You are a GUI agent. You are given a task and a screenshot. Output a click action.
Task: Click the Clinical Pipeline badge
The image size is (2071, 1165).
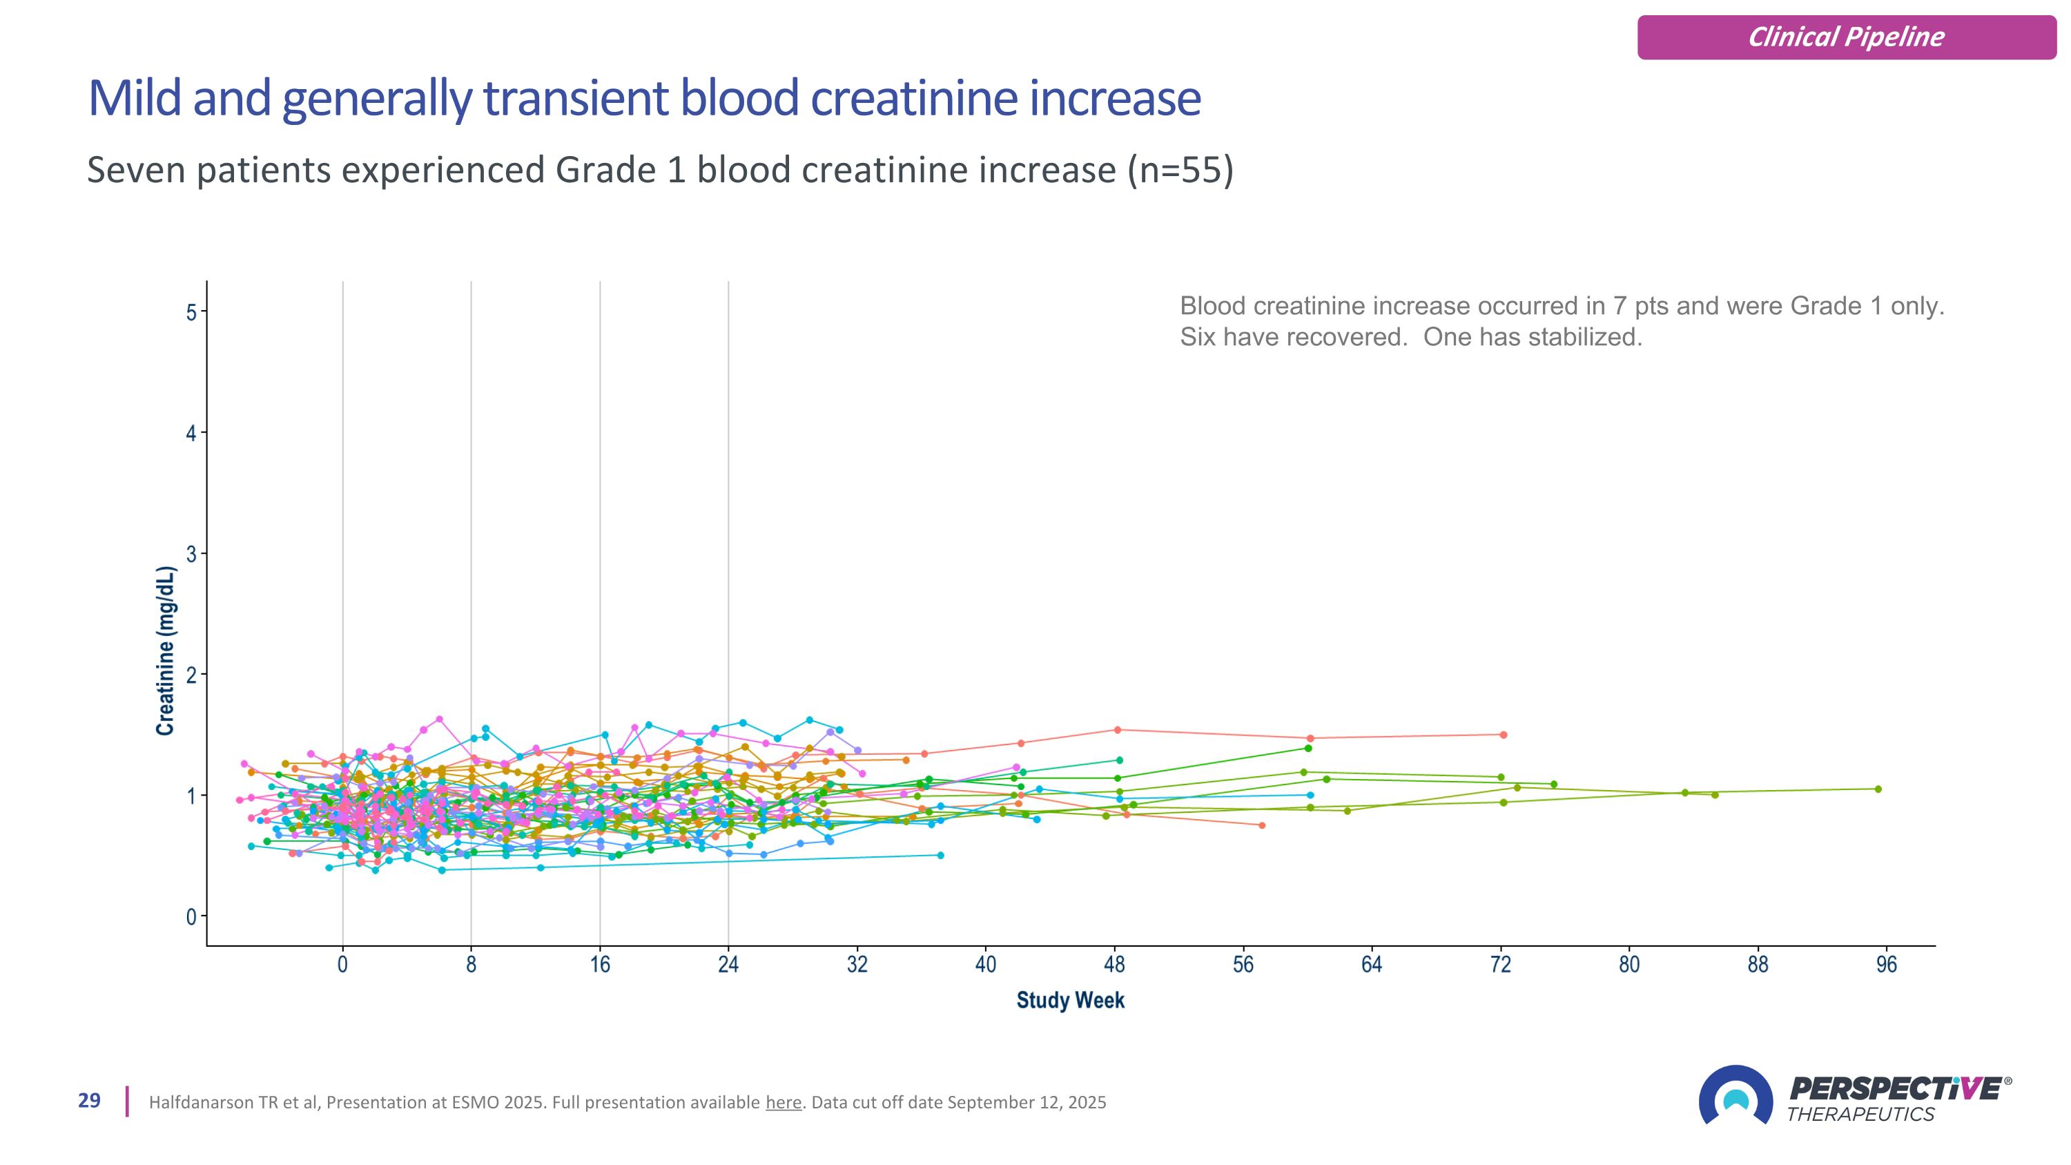[1846, 37]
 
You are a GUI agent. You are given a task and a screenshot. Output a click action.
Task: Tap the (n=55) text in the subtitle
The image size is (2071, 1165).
[1179, 171]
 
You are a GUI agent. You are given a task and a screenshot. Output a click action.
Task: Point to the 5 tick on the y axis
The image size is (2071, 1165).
[191, 312]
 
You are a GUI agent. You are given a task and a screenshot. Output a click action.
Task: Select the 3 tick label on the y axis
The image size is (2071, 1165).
[191, 554]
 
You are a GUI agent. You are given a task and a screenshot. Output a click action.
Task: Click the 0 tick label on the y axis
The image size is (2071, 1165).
[191, 916]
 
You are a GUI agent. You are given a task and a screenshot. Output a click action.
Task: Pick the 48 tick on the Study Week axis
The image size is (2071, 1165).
[1114, 964]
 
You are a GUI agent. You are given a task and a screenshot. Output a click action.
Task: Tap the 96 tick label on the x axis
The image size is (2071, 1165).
[1886, 964]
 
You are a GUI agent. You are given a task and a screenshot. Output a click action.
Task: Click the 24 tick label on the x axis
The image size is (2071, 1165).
[728, 964]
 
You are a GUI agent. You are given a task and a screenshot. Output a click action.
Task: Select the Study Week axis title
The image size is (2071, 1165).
[1070, 1000]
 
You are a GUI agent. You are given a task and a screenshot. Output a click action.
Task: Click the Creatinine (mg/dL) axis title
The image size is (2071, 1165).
[166, 651]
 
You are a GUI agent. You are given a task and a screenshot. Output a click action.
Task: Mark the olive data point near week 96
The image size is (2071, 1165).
[1878, 789]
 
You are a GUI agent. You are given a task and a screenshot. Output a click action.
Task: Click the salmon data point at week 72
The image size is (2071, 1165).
[1504, 734]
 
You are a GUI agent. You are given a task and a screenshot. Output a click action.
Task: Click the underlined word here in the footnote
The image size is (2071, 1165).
[783, 1102]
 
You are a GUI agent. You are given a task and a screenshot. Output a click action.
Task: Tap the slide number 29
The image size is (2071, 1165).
[89, 1101]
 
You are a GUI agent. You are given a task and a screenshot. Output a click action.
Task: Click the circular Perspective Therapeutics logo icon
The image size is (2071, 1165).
[1735, 1096]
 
